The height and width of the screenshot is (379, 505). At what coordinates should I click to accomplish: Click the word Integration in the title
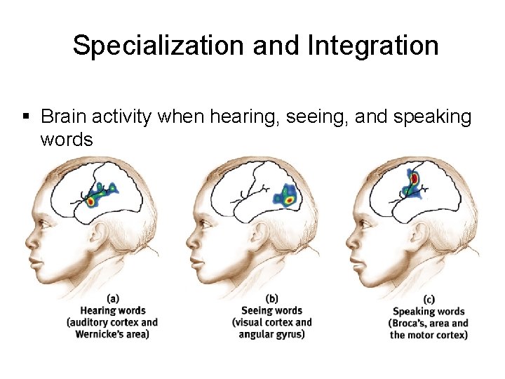pyautogui.click(x=372, y=46)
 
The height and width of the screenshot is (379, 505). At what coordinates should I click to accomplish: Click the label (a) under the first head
pyautogui.click(x=112, y=298)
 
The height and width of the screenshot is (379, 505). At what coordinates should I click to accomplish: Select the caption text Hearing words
pyautogui.click(x=112, y=310)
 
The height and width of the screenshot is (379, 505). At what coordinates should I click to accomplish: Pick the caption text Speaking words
pyautogui.click(x=429, y=311)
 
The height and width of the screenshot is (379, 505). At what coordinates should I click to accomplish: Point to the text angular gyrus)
pyautogui.click(x=271, y=334)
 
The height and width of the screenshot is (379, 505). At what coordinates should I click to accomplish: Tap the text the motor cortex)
pyautogui.click(x=429, y=335)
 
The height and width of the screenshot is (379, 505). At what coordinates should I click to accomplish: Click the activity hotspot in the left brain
pyautogui.click(x=92, y=201)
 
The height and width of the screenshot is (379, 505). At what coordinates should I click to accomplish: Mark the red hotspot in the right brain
pyautogui.click(x=415, y=179)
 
